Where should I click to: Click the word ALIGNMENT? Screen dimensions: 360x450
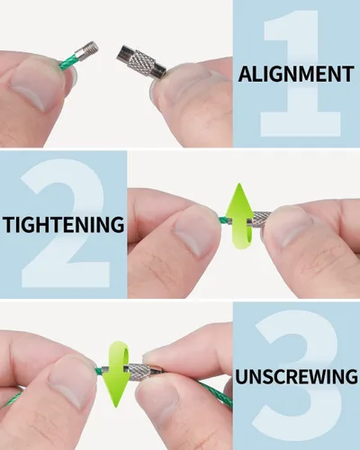296,74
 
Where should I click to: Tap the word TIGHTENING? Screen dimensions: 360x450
63,224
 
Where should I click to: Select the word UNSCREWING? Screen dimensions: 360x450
296,376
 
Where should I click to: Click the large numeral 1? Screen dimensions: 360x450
300,74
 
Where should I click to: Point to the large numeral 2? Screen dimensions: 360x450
65,223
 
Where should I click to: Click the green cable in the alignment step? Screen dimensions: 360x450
68,62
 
